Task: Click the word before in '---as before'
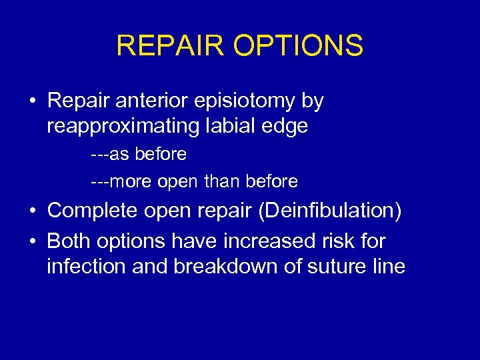click(x=161, y=155)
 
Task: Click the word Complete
click(x=90, y=211)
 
